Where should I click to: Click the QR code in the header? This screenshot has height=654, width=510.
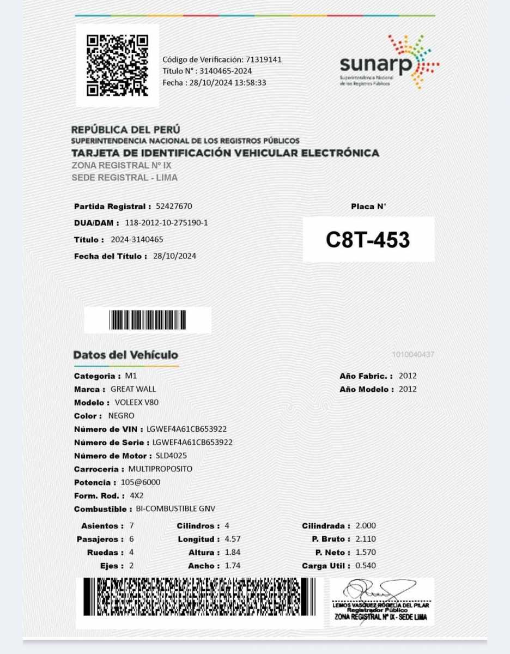click(x=117, y=65)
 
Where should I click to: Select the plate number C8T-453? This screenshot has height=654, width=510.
click(x=368, y=240)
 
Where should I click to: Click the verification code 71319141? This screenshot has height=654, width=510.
click(x=264, y=59)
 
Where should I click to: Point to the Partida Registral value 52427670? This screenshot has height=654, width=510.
click(x=174, y=206)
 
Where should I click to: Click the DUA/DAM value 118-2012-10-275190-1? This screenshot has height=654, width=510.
click(x=166, y=223)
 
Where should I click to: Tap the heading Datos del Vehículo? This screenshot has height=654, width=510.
click(x=126, y=355)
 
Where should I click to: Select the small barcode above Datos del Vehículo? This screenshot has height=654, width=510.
click(x=147, y=320)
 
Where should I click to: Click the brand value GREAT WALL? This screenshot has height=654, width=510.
click(x=133, y=389)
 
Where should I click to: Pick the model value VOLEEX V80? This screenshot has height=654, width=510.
click(x=137, y=402)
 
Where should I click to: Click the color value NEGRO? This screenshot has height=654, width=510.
click(x=122, y=416)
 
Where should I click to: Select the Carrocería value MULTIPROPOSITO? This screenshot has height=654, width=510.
click(x=160, y=469)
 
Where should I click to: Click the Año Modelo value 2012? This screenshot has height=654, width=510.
click(x=408, y=389)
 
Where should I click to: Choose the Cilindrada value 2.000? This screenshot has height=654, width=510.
click(x=366, y=526)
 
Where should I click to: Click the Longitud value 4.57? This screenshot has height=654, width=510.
click(x=233, y=539)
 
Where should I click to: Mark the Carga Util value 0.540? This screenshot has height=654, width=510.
click(x=366, y=566)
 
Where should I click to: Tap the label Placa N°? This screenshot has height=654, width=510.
click(x=368, y=207)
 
